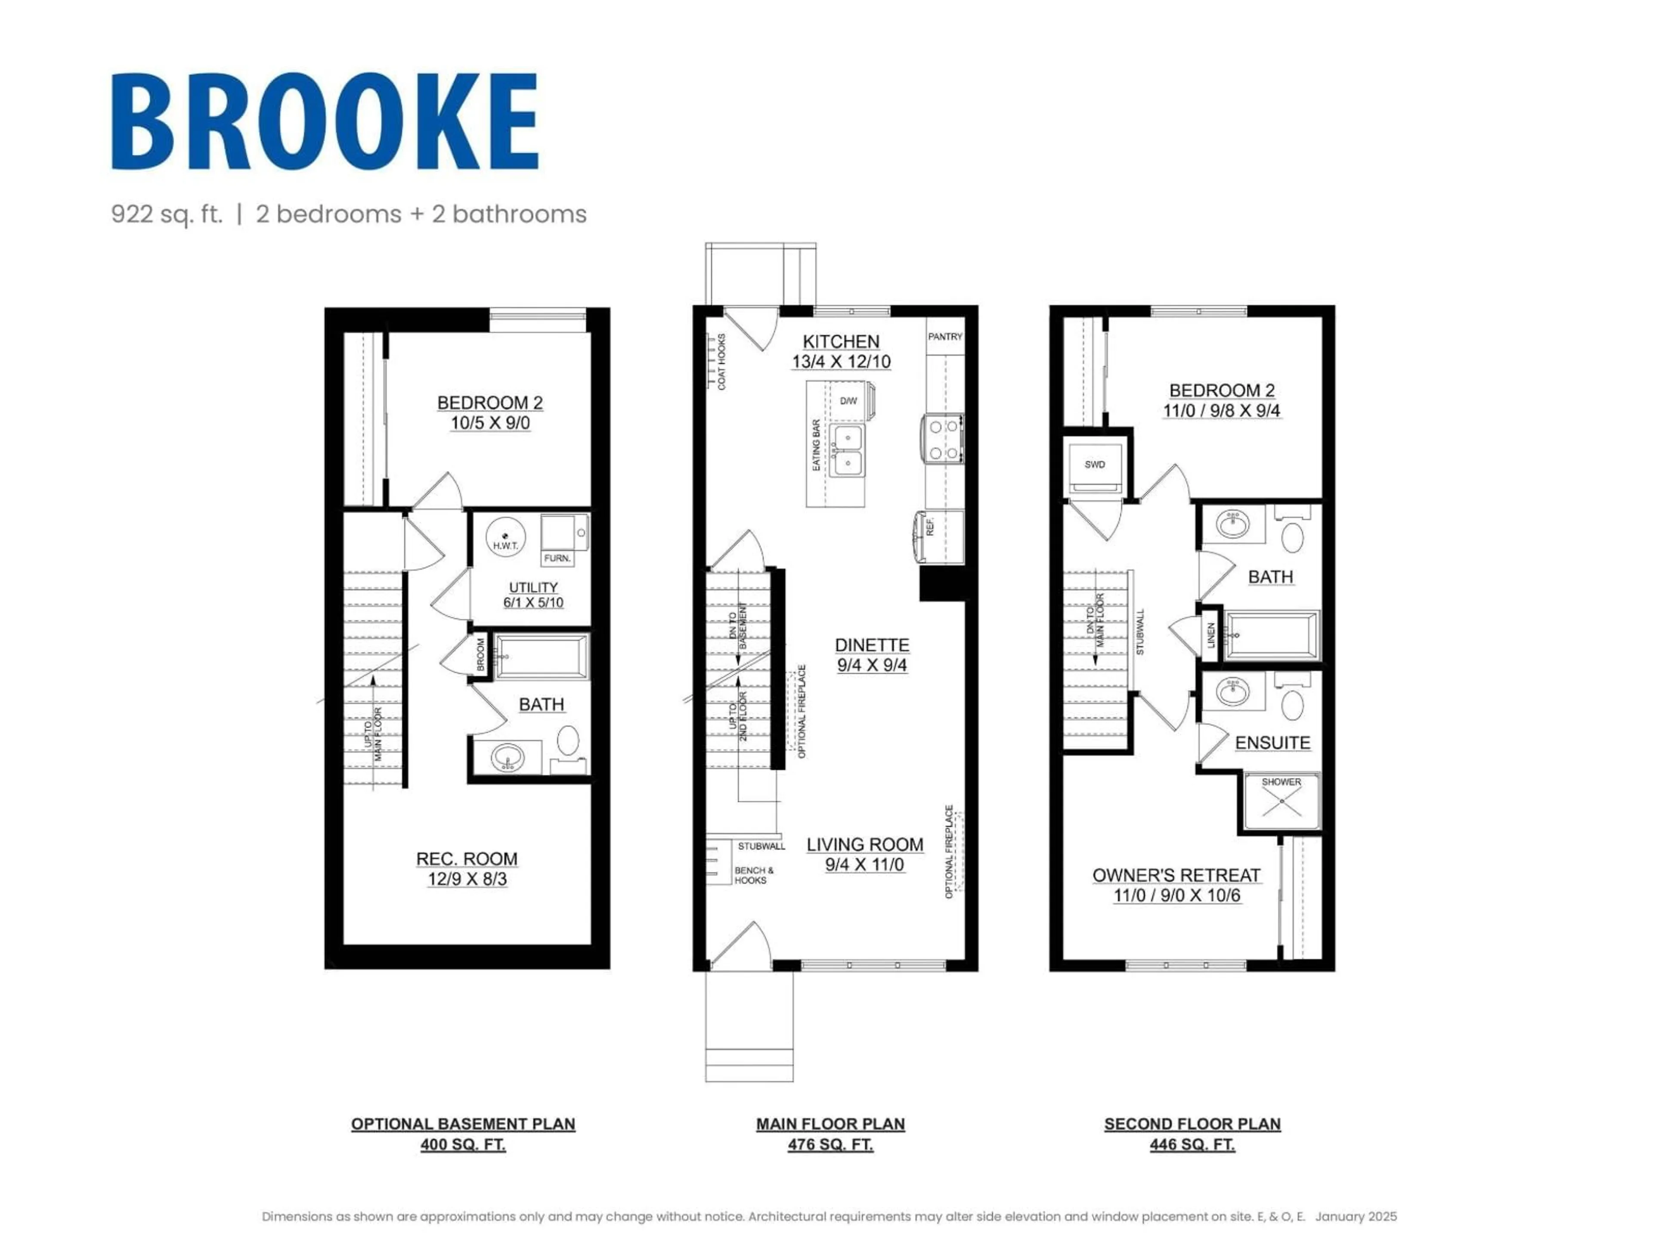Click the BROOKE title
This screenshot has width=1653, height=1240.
pos(325,121)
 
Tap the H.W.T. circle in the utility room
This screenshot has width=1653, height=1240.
pos(506,538)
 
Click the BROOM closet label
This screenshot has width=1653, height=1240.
pos(480,654)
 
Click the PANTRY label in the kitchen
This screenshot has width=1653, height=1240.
pos(944,336)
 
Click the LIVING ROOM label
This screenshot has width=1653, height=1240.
pos(865,845)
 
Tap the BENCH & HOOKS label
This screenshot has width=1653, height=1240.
pos(754,875)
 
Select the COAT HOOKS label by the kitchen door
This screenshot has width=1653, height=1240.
pos(722,362)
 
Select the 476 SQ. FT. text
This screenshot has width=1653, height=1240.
pos(830,1144)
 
